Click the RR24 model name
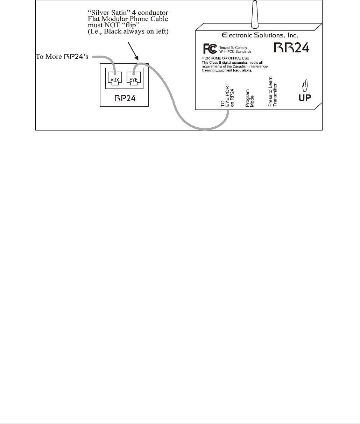coord(291,47)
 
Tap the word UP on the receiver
coord(304,98)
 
